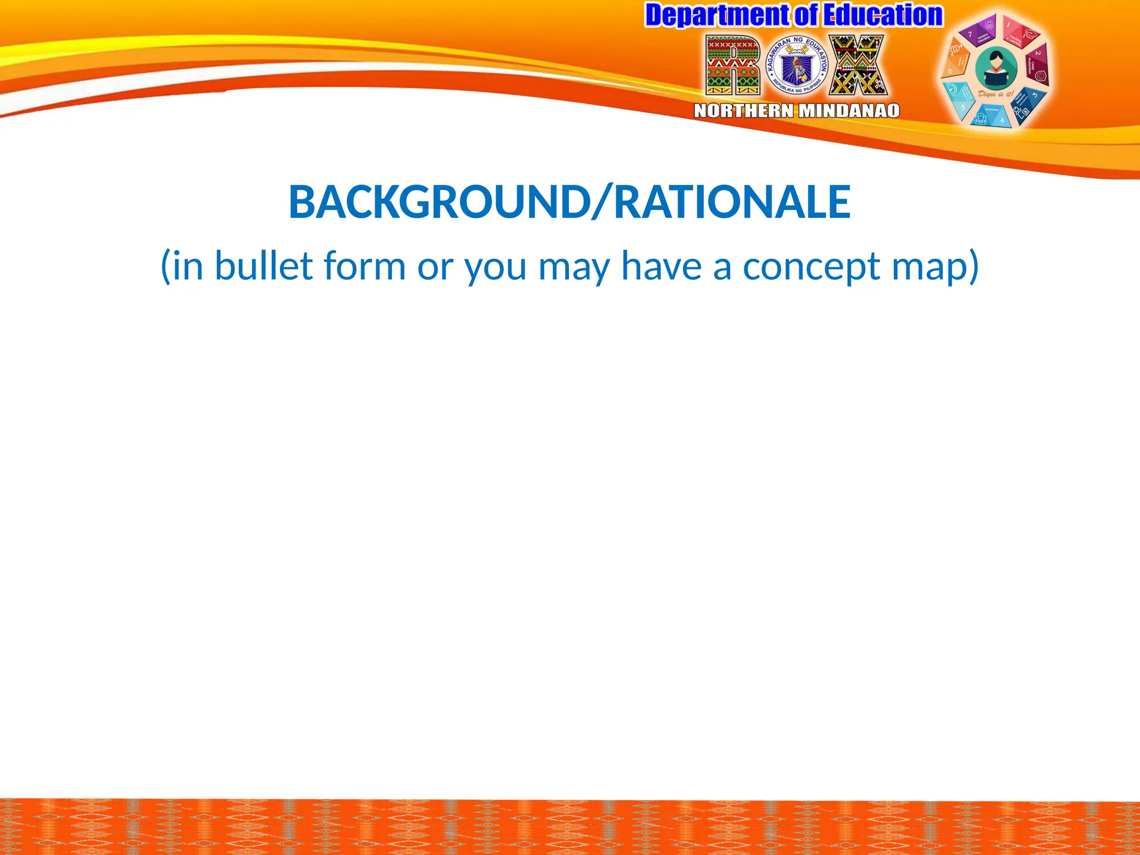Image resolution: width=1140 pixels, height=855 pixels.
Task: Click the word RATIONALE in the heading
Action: (732, 202)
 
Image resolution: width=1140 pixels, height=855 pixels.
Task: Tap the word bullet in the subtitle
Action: (264, 266)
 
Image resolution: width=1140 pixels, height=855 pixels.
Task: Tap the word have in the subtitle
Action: (661, 266)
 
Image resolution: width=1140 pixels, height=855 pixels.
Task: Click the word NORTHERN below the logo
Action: (744, 111)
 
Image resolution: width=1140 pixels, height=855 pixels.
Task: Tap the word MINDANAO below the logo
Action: (849, 111)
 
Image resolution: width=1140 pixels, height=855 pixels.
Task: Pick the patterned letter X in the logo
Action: (858, 66)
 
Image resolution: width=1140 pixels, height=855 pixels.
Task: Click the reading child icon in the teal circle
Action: (996, 70)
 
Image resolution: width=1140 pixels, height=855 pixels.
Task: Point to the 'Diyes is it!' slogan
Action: (996, 94)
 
